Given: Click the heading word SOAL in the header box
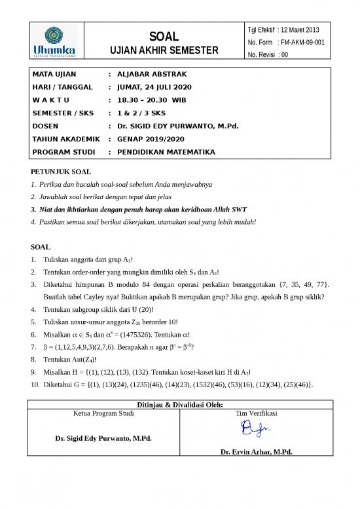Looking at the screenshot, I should point(159,35).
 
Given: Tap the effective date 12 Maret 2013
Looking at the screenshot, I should point(307,29).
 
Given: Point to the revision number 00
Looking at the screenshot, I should point(283,54).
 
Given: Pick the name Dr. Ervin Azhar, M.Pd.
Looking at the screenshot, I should point(256,452).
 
